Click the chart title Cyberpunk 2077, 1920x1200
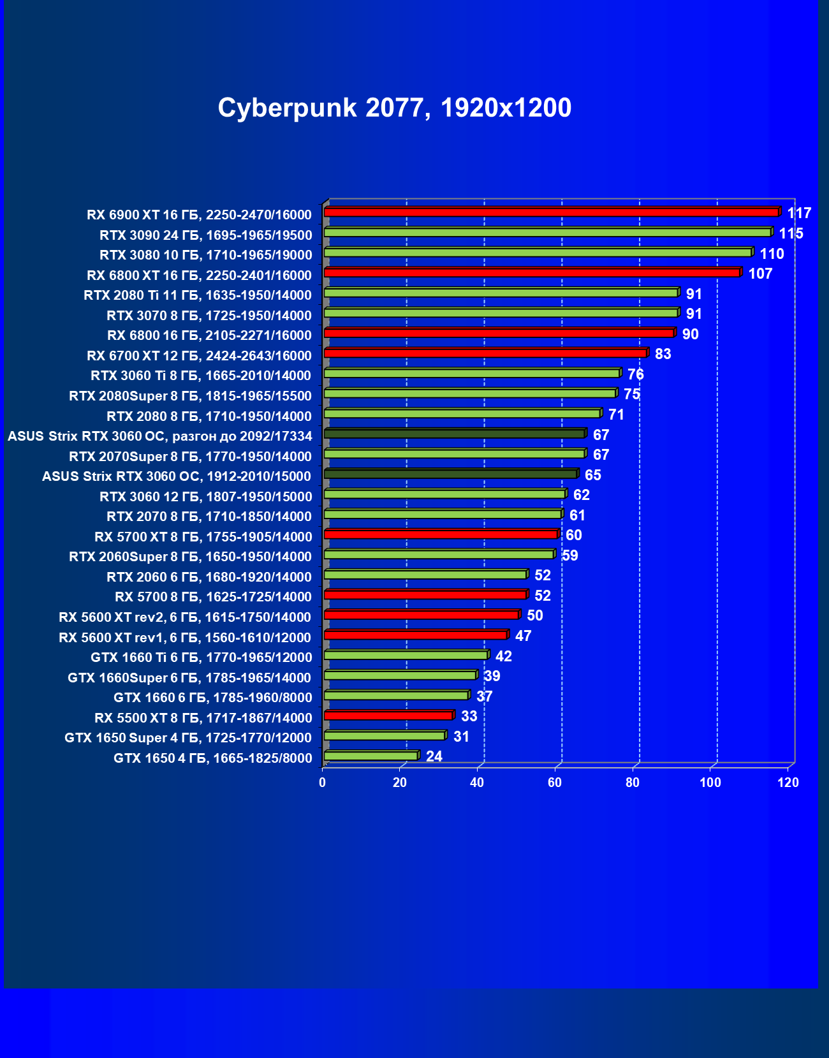coord(394,108)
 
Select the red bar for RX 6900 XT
coord(551,212)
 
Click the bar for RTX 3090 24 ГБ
coord(547,232)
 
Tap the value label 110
coord(772,254)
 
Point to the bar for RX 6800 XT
coord(532,272)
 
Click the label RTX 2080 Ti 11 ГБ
coord(198,295)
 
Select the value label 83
coord(663,354)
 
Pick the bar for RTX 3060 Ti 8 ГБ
coord(472,373)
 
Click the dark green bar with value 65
coord(450,474)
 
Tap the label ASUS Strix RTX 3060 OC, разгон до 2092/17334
coord(160,436)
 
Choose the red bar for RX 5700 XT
coord(441,534)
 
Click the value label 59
coord(570,555)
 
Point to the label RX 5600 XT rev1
coord(185,637)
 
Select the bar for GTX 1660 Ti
coord(406,655)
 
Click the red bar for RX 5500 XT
coord(388,716)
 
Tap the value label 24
coord(434,756)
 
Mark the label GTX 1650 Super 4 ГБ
coord(188,738)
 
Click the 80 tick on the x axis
coord(633,782)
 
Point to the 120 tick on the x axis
coord(788,782)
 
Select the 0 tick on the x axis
coord(323,782)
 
